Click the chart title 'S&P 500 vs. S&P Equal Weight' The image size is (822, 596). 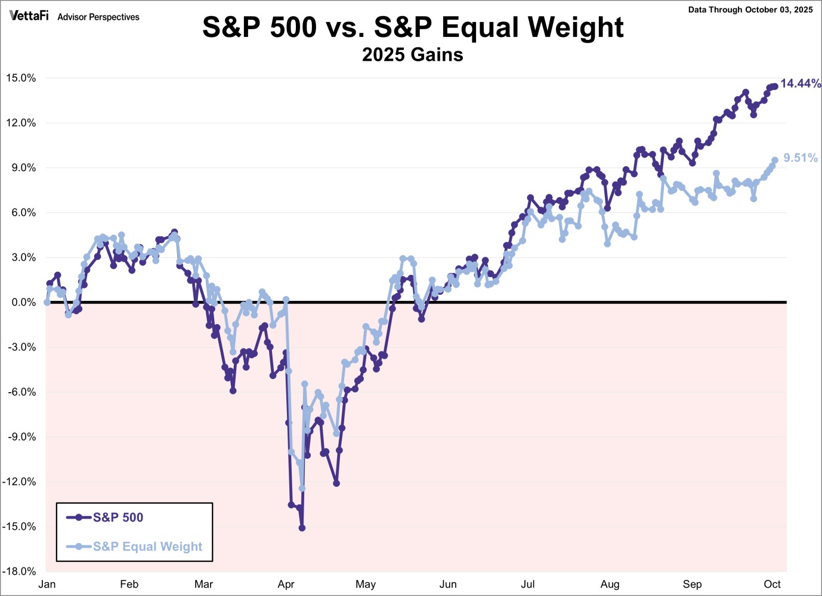[x=413, y=27]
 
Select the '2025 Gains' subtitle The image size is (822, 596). [x=413, y=55]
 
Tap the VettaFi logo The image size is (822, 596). [x=29, y=16]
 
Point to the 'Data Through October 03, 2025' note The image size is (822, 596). [x=750, y=10]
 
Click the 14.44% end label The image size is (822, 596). [x=801, y=83]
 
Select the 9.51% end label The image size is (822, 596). [x=801, y=158]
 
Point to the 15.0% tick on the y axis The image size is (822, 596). [x=21, y=78]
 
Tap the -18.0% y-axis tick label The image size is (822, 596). [x=20, y=572]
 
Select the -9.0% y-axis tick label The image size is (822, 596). [x=21, y=437]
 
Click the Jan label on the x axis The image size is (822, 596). [x=47, y=584]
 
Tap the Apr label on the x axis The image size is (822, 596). [x=286, y=584]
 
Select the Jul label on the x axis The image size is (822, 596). [x=528, y=584]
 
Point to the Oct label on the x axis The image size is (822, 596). [x=772, y=584]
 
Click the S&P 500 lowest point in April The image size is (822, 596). [x=302, y=528]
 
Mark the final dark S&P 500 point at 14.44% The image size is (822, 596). [x=775, y=86]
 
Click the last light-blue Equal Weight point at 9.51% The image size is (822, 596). [x=775, y=160]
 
